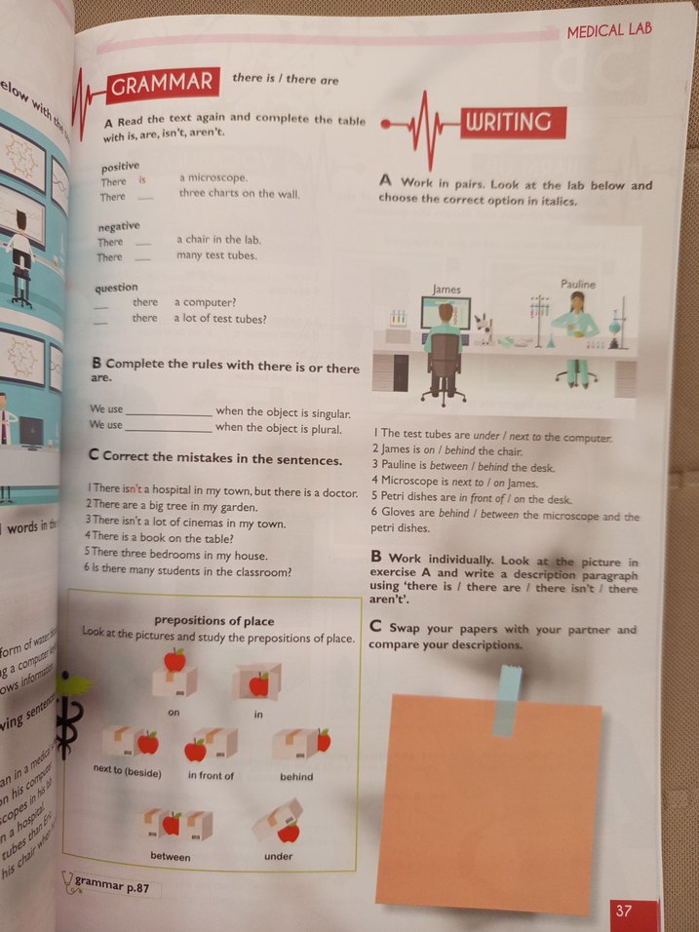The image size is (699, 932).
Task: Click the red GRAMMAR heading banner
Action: (162, 85)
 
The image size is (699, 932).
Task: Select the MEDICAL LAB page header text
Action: (609, 31)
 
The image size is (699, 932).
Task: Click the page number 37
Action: (625, 911)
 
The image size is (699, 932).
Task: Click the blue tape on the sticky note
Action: (507, 698)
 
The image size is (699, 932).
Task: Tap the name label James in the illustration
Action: (447, 289)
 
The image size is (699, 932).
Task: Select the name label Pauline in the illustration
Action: (577, 284)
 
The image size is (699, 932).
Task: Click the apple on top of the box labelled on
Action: (175, 660)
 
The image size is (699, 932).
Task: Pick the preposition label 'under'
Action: (278, 856)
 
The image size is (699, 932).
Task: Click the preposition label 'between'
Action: (171, 856)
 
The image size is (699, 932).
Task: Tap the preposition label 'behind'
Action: (296, 776)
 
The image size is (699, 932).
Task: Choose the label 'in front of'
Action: (211, 775)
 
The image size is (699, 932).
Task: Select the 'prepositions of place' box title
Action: (214, 620)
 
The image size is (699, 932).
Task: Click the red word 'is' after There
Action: (143, 179)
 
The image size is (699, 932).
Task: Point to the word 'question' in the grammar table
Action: (116, 288)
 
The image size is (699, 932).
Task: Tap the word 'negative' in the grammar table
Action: (118, 226)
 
